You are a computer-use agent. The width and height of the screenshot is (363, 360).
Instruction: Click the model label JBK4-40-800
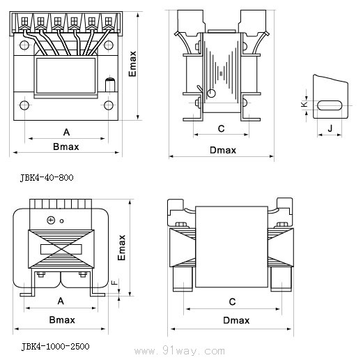(47, 178)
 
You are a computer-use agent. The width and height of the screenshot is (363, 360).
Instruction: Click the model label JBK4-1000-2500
(55, 347)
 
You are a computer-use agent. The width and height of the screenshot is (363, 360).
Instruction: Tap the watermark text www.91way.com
(180, 350)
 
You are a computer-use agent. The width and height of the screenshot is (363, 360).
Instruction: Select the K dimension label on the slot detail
(304, 104)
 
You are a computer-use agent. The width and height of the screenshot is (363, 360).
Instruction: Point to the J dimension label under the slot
(330, 128)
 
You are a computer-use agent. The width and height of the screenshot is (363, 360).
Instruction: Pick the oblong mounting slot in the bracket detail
(330, 105)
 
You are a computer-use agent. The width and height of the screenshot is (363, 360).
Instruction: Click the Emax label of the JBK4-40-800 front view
(132, 64)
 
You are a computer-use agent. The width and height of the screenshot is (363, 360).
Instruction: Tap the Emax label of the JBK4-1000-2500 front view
(121, 248)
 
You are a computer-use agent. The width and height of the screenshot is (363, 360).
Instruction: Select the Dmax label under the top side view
(223, 150)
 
